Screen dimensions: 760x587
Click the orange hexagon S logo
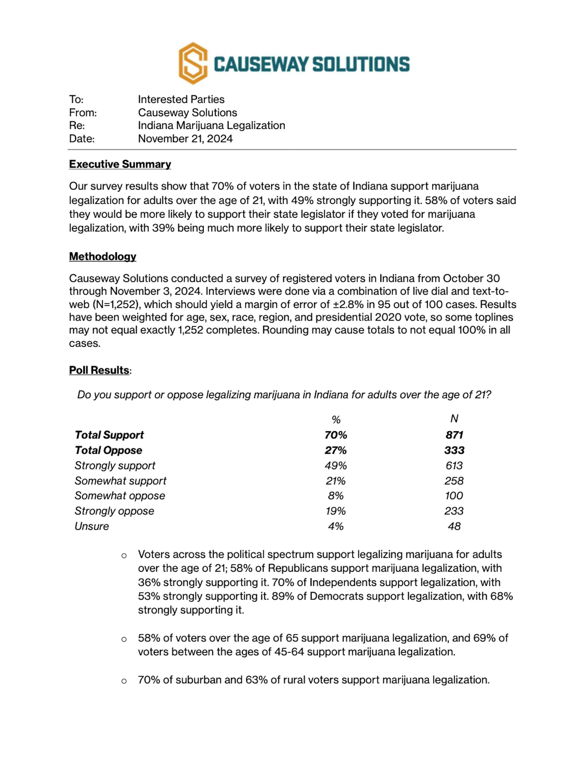pyautogui.click(x=193, y=63)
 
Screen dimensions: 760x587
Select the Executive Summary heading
pyautogui.click(x=120, y=164)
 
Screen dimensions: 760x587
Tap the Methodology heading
pyautogui.click(x=103, y=256)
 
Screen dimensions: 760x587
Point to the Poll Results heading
pyautogui.click(x=99, y=370)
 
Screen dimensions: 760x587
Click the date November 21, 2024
pyautogui.click(x=185, y=139)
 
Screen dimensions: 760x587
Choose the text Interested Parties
pyautogui.click(x=181, y=100)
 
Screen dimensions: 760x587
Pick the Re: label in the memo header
pyautogui.click(x=77, y=126)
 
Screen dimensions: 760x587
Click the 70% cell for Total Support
pyautogui.click(x=335, y=435)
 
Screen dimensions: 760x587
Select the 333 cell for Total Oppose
pyautogui.click(x=454, y=450)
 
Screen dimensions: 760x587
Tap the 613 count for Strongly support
pyautogui.click(x=454, y=466)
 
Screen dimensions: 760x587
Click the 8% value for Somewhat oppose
pyautogui.click(x=335, y=496)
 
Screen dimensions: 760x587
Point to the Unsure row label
pyautogui.click(x=92, y=526)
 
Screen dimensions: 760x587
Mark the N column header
pyautogui.click(x=454, y=419)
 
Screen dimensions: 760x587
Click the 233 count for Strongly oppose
pyautogui.click(x=454, y=511)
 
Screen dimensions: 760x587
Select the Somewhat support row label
pyautogui.click(x=120, y=481)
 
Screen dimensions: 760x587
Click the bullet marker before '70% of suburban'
pyautogui.click(x=124, y=681)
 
